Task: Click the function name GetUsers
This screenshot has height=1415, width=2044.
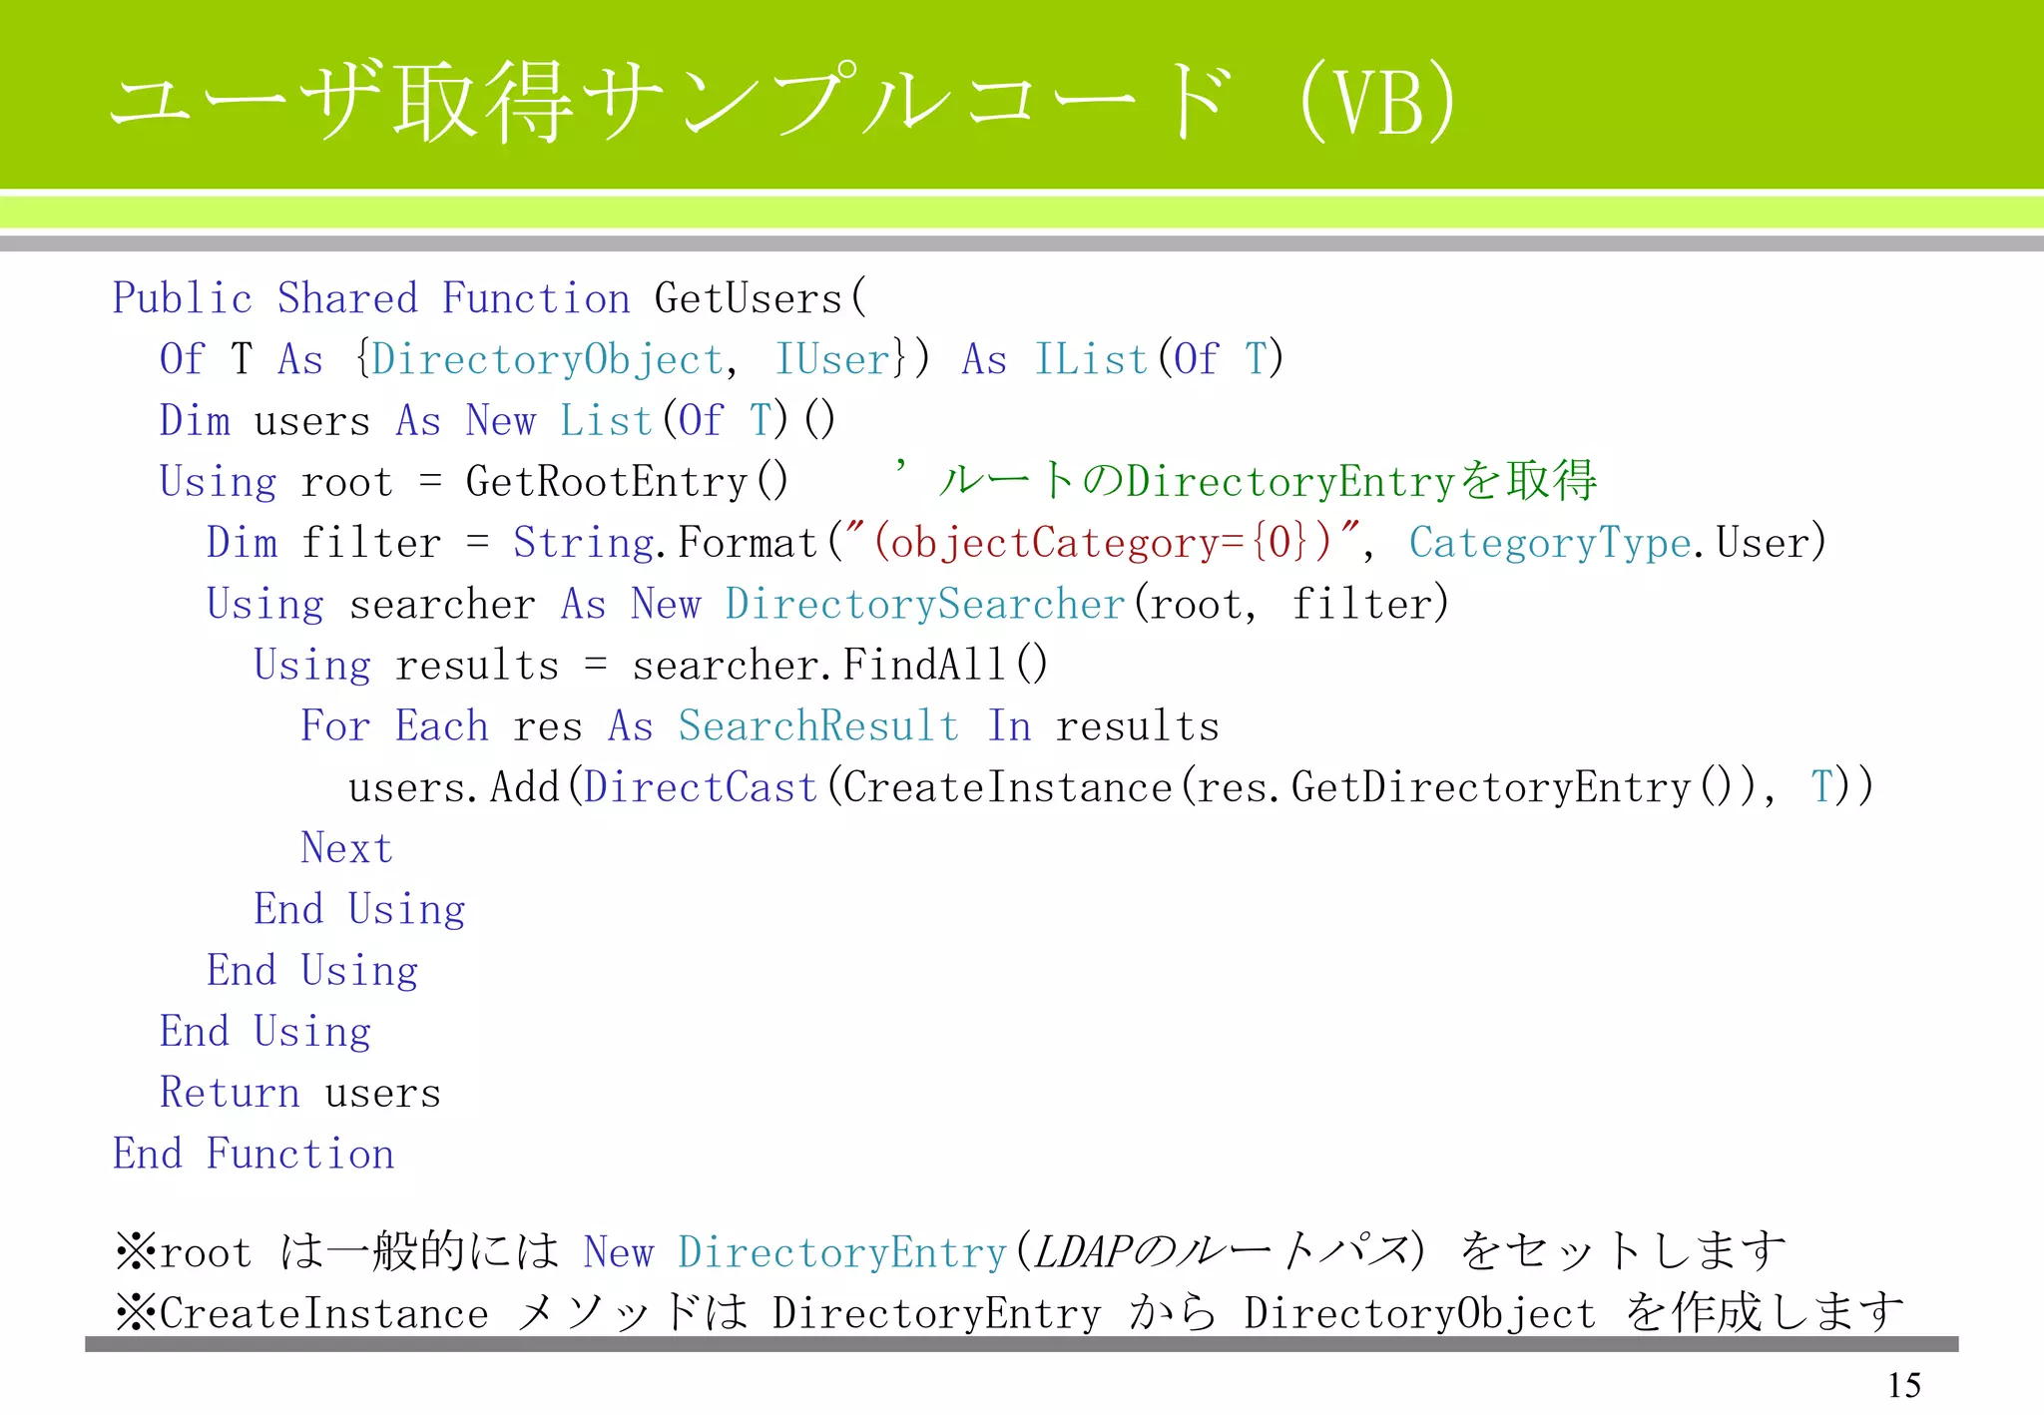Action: pos(749,299)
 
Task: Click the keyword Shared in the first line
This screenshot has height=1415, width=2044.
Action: pos(346,299)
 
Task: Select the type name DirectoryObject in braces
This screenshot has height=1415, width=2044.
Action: pos(546,360)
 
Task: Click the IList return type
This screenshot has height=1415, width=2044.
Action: pos(1091,360)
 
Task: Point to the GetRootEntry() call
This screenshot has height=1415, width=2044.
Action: pos(626,482)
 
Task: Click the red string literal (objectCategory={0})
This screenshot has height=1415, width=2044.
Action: pos(1102,543)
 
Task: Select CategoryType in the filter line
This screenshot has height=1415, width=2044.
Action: pos(1550,543)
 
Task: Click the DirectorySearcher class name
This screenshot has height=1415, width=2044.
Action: pos(925,605)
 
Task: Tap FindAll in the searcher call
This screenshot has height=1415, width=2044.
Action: pos(924,666)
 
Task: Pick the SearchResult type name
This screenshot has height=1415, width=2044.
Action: pos(818,726)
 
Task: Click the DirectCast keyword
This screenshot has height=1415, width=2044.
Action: pos(701,787)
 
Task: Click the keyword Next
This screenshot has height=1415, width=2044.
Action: pos(346,848)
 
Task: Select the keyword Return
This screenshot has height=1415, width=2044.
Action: pos(230,1093)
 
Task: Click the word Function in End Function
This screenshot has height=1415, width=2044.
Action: pos(300,1155)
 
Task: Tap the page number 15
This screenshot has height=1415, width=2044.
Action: pos(1903,1385)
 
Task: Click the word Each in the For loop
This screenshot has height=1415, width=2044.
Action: pos(441,726)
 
